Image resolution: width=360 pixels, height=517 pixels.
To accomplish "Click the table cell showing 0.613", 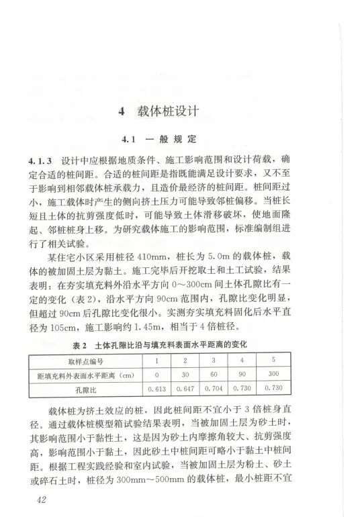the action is coord(156,388).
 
